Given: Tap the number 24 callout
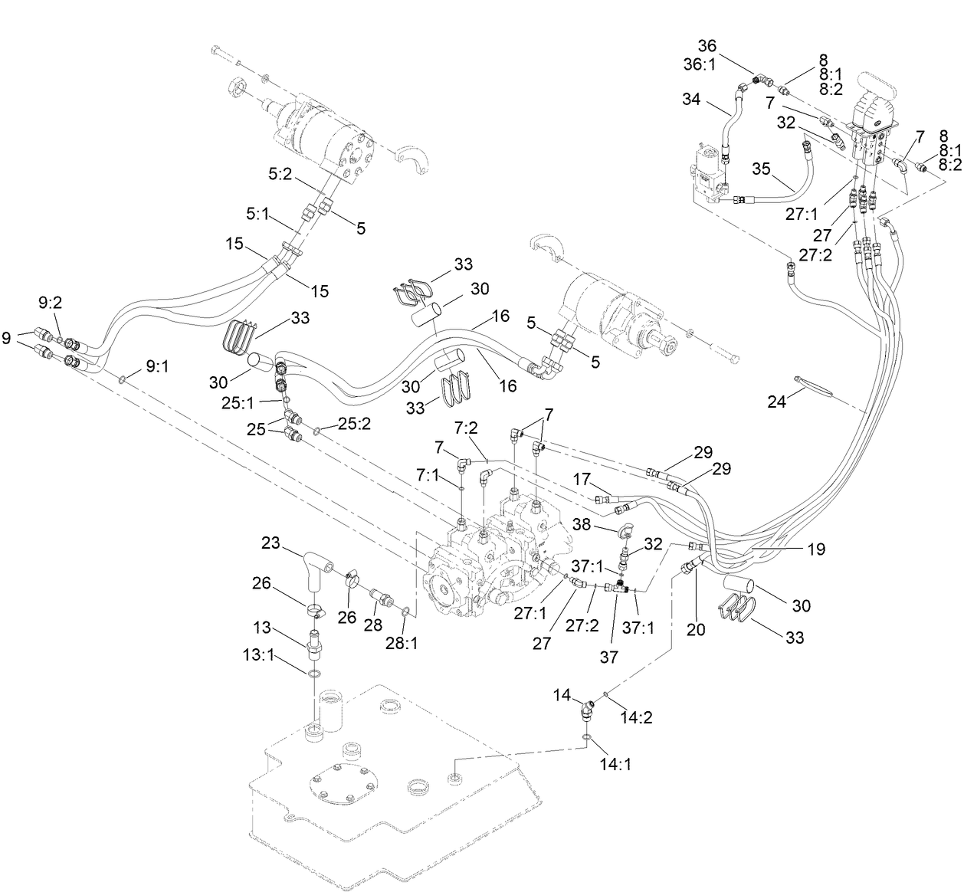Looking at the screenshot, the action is point(777,402).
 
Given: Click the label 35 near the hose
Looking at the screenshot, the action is point(760,167).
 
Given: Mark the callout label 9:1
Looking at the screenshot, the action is point(158,366).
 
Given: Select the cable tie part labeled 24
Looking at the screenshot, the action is point(812,385).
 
